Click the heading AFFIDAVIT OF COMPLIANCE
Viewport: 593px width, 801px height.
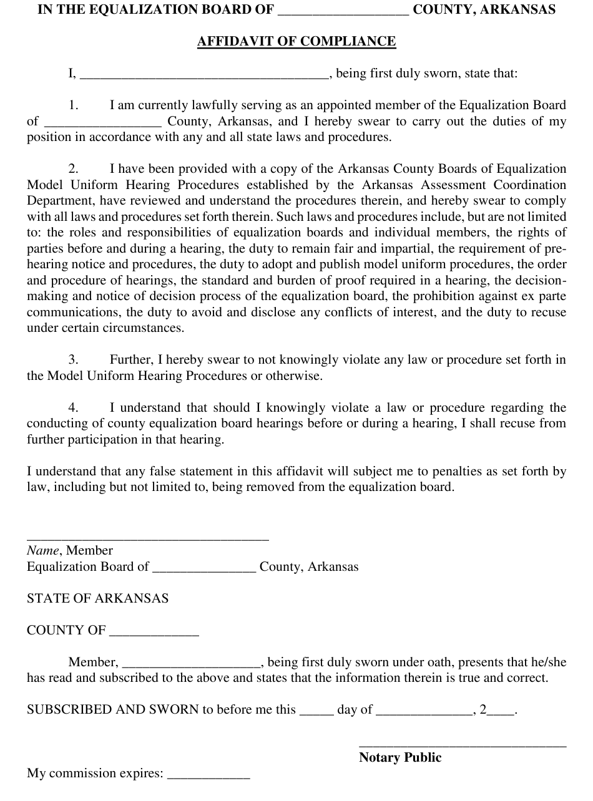tap(296, 42)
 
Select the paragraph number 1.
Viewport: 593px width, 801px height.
tap(74, 105)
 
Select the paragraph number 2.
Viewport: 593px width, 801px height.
tap(74, 169)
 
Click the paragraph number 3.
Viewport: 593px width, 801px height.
tap(74, 360)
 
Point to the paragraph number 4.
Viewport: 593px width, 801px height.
tap(74, 408)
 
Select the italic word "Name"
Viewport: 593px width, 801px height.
tap(42, 551)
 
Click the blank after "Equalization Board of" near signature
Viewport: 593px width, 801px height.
tap(204, 569)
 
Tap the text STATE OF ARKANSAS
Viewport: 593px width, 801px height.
tap(97, 599)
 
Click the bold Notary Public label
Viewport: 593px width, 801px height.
tap(400, 758)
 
